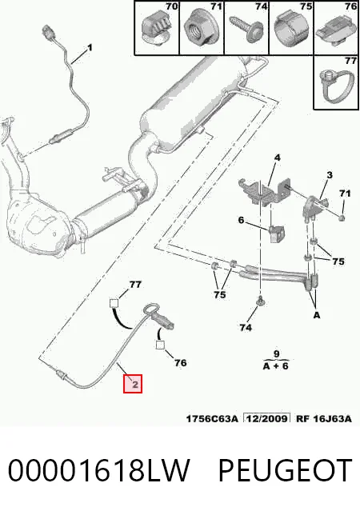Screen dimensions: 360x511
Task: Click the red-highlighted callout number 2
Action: (133, 384)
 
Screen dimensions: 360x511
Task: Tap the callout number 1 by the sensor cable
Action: (90, 48)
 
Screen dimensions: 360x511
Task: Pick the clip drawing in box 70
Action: (156, 27)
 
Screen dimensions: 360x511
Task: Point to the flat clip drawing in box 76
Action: (335, 32)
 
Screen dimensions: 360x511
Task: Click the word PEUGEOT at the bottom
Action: (285, 470)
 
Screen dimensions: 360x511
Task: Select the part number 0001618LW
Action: (98, 470)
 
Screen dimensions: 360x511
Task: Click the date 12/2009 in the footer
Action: (267, 418)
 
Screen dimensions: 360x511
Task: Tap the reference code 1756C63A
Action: (212, 418)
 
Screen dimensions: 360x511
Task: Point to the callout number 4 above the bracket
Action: (277, 158)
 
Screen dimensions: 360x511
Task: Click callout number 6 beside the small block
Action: (241, 220)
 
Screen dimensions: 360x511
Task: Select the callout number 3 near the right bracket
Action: (330, 175)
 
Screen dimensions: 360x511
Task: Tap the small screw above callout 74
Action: (261, 302)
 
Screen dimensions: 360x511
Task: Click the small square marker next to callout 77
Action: (114, 303)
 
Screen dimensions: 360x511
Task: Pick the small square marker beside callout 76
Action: (160, 345)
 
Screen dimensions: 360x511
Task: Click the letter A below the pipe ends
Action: (317, 315)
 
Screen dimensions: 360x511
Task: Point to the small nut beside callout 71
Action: (342, 218)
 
